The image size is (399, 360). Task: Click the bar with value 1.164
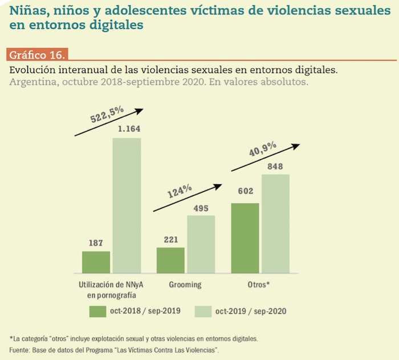click(127, 205)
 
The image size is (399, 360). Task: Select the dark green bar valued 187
click(96, 262)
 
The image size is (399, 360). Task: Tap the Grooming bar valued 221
click(170, 260)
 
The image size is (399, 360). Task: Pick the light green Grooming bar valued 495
click(201, 244)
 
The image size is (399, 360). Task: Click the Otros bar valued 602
click(245, 238)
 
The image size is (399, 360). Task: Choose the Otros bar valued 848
click(276, 224)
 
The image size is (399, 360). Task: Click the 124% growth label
click(180, 189)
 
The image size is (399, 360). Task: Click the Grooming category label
click(185, 284)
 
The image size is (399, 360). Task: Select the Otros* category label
click(260, 284)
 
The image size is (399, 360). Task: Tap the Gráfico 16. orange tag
click(38, 55)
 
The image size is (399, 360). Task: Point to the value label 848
click(276, 166)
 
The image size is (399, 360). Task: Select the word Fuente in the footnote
click(19, 349)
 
